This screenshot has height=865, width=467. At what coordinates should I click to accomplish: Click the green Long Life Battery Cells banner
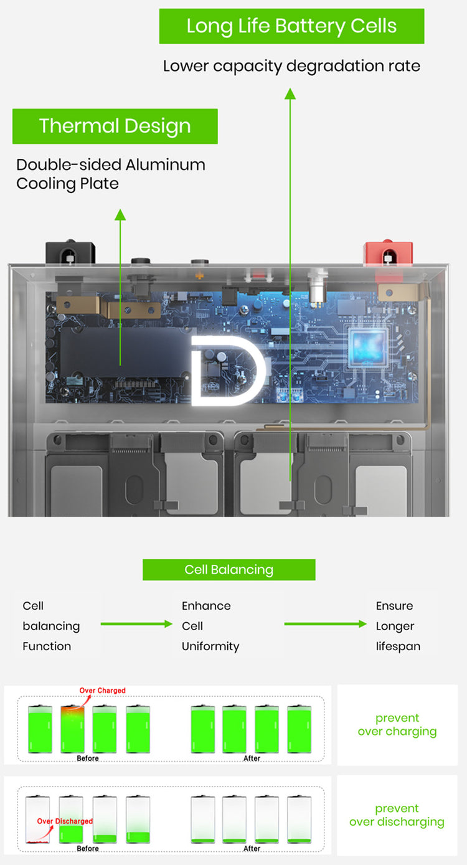[291, 26]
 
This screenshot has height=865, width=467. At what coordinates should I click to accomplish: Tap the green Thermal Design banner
[115, 126]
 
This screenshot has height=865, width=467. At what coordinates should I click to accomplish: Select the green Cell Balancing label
[229, 570]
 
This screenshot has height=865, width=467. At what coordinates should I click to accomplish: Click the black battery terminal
[70, 254]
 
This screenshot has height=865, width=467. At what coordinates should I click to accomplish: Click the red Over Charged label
[102, 691]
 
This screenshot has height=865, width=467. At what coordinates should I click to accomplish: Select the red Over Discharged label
[65, 821]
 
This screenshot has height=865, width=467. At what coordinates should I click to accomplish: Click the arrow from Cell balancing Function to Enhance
[136, 624]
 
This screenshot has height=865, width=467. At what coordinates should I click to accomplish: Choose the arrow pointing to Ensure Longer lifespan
[325, 624]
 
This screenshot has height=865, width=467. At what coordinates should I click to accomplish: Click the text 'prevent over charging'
[397, 725]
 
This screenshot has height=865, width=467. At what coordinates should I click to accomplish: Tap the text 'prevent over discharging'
[397, 815]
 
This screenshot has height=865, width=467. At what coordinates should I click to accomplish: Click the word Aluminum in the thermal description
[165, 165]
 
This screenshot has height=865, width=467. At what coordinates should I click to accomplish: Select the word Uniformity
[210, 646]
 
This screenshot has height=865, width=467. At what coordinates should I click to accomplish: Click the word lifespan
[398, 646]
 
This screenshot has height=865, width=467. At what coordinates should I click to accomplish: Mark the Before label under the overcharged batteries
[88, 759]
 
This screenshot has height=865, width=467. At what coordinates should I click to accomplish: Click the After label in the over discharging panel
[252, 849]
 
